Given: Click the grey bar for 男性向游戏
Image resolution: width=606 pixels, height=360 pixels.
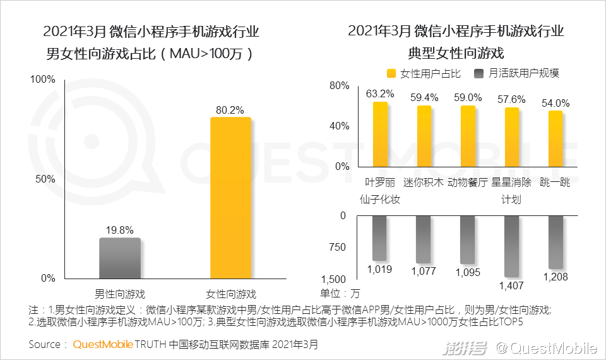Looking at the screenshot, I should [120, 258].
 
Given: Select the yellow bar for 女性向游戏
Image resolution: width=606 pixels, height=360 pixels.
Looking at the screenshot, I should [230, 198].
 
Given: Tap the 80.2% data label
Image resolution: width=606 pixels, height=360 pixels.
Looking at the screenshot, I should [230, 110].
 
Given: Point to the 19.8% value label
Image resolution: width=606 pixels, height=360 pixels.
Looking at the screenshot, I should [120, 231].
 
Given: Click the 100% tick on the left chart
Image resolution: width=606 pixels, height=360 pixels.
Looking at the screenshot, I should [44, 80].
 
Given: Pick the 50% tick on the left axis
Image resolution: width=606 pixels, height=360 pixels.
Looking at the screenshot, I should [46, 179].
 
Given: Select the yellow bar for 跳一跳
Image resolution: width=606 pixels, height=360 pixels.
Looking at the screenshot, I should [555, 138].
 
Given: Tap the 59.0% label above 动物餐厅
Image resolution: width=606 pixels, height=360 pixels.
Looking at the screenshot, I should [468, 98].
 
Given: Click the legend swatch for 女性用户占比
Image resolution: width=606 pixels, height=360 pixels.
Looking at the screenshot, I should [391, 73].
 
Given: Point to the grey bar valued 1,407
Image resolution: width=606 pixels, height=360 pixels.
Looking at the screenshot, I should [511, 246].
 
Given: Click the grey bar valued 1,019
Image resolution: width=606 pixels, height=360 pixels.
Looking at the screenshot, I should [379, 238].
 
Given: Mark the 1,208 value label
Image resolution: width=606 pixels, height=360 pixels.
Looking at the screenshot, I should [555, 277].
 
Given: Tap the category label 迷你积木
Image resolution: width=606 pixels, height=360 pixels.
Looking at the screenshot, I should [424, 183].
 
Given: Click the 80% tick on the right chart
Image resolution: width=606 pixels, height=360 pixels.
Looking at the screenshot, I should [340, 86].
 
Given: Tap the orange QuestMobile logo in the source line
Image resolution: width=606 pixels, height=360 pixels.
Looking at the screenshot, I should [103, 345].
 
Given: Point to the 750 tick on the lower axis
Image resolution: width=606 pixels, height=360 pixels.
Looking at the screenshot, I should [338, 247].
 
